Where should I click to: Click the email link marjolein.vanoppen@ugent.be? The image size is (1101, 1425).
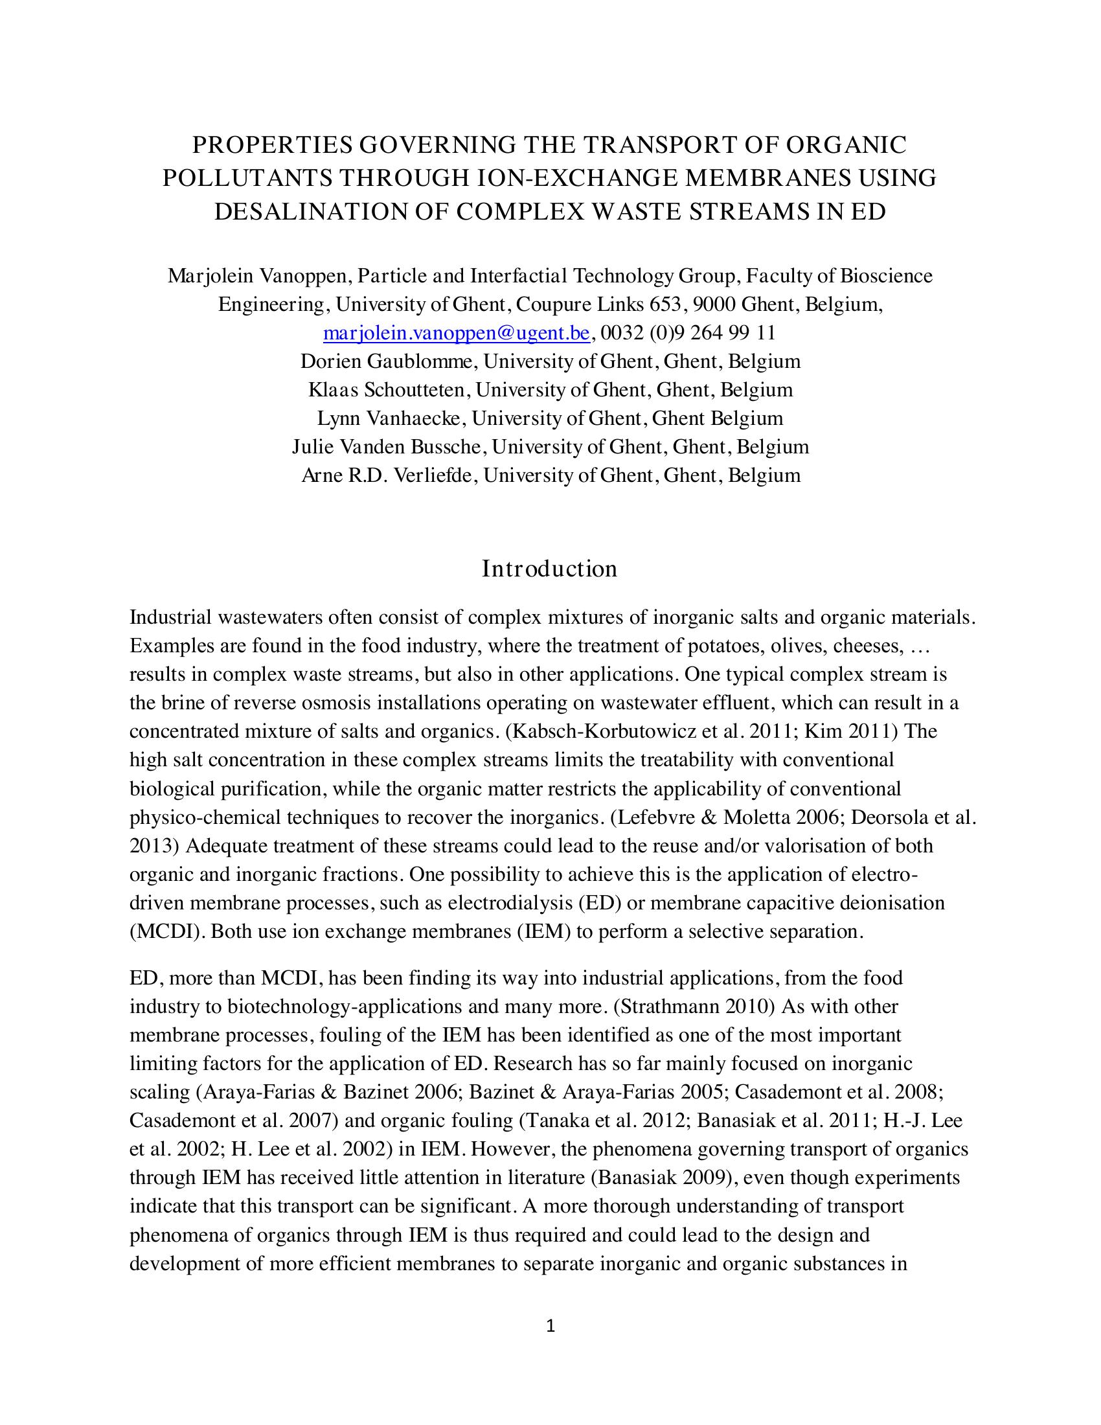(457, 334)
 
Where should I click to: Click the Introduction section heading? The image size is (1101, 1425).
(549, 568)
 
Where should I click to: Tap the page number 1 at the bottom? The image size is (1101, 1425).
(550, 1326)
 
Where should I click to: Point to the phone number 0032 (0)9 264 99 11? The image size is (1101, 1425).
(688, 334)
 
